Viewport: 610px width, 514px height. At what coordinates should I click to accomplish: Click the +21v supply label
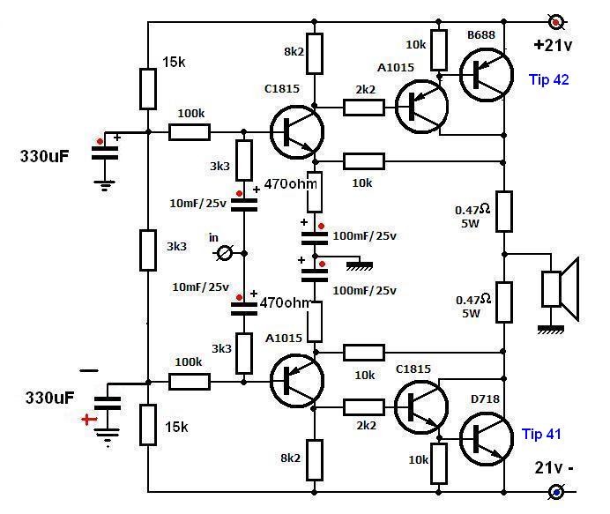click(x=553, y=46)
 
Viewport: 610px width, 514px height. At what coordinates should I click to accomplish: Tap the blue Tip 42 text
click(x=548, y=79)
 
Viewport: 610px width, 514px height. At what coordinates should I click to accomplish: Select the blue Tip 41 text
click(x=541, y=434)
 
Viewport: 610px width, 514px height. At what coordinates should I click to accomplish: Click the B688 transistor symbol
click(x=486, y=75)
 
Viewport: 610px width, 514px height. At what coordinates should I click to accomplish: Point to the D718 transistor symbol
click(x=486, y=439)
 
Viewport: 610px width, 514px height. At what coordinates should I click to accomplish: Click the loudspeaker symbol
click(x=561, y=289)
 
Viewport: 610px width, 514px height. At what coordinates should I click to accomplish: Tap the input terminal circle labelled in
click(x=225, y=254)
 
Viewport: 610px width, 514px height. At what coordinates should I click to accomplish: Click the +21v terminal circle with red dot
click(x=556, y=22)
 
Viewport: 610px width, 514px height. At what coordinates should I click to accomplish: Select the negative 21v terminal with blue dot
click(x=556, y=492)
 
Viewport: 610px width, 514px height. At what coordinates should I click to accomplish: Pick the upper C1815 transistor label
click(x=282, y=89)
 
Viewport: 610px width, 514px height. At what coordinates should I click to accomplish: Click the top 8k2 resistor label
click(x=294, y=51)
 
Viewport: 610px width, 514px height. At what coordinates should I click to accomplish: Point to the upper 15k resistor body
click(x=148, y=89)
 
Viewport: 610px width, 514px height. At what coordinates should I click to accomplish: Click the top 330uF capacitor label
click(x=44, y=156)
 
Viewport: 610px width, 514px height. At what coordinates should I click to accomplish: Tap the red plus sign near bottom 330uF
click(x=89, y=419)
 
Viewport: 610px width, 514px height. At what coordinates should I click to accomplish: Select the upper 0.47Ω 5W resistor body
click(x=504, y=212)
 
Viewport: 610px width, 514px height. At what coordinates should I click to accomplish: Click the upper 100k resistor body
click(x=190, y=132)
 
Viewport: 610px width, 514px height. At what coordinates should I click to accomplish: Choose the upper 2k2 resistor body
click(x=364, y=108)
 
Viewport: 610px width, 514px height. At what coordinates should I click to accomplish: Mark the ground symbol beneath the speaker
click(x=550, y=331)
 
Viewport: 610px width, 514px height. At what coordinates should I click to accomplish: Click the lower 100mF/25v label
click(x=365, y=291)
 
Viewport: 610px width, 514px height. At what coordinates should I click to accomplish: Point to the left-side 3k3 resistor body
click(x=148, y=250)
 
